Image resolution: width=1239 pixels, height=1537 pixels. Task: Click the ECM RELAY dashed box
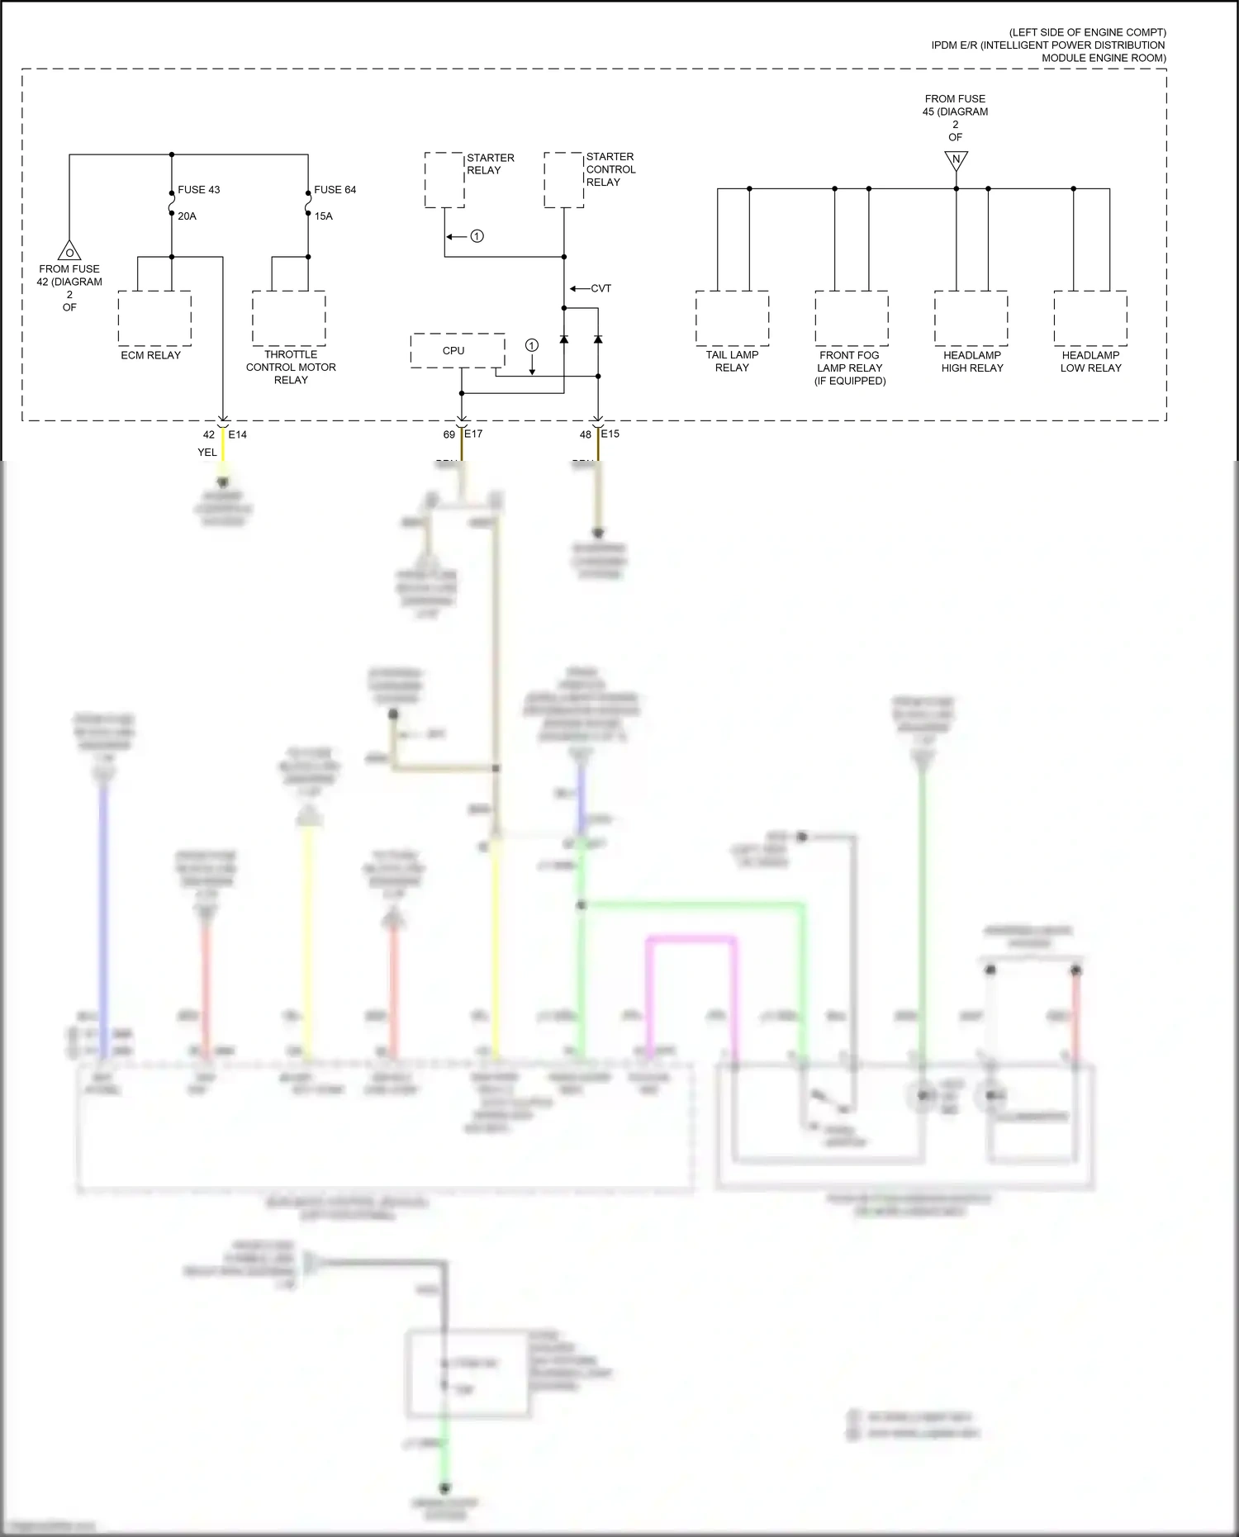[154, 318]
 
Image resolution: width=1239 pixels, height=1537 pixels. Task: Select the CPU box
[458, 350]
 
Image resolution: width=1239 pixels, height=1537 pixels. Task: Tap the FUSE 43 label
[198, 189]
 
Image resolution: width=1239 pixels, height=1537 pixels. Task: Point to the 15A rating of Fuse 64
[323, 216]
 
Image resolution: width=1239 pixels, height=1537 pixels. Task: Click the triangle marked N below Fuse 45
[956, 159]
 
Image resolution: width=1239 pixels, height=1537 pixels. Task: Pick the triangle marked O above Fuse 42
[69, 251]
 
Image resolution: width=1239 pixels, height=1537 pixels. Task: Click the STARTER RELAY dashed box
[444, 179]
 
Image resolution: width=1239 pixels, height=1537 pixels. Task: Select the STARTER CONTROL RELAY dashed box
[564, 179]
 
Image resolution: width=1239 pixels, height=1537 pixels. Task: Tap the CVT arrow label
[601, 288]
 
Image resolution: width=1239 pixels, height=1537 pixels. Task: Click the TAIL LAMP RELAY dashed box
[732, 318]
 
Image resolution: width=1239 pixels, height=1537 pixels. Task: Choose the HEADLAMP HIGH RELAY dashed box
[971, 318]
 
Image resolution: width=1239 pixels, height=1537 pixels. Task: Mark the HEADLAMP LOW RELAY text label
[1090, 362]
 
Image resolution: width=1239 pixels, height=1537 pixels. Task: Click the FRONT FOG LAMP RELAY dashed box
[851, 318]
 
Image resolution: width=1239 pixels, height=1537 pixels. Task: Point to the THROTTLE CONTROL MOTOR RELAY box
[288, 318]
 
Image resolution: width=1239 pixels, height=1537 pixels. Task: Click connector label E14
[237, 434]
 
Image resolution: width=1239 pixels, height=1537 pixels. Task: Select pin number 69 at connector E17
[449, 434]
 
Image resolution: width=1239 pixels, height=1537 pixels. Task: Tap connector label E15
[610, 434]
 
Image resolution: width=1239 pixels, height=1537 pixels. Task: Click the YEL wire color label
[206, 453]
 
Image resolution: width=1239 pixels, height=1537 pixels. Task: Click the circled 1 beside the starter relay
[477, 236]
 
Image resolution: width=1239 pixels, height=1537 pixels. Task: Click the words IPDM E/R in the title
[954, 45]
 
